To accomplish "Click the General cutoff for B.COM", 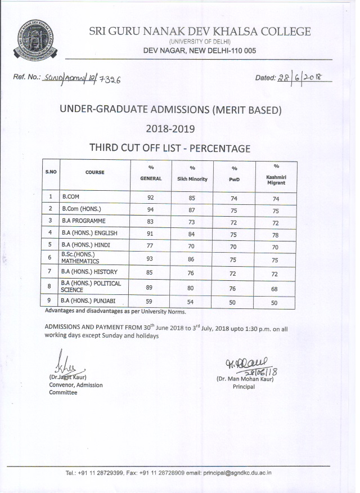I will coord(150,198).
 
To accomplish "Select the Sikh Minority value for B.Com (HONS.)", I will coord(192,209).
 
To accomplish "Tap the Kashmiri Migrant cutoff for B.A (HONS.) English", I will coord(276,232).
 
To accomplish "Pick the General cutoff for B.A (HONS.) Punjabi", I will coord(150,302).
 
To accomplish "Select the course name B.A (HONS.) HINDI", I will coord(86,244).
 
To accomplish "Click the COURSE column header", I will coord(94,172).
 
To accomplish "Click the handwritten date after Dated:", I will coord(303,78).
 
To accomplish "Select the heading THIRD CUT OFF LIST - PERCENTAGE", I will coord(169,149).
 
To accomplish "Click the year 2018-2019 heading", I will coord(170,129).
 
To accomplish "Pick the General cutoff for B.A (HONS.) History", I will coord(150,272).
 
